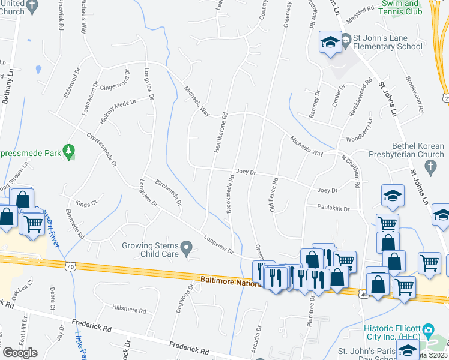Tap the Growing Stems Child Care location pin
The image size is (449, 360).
pyautogui.click(x=187, y=247)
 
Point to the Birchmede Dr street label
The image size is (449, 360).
pyautogui.click(x=168, y=192)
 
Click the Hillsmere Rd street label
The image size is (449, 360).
pyautogui.click(x=129, y=311)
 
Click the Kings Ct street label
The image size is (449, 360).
pyautogui.click(x=86, y=205)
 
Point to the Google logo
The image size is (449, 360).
pyautogui.click(x=19, y=353)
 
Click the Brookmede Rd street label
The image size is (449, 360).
pyautogui.click(x=229, y=193)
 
